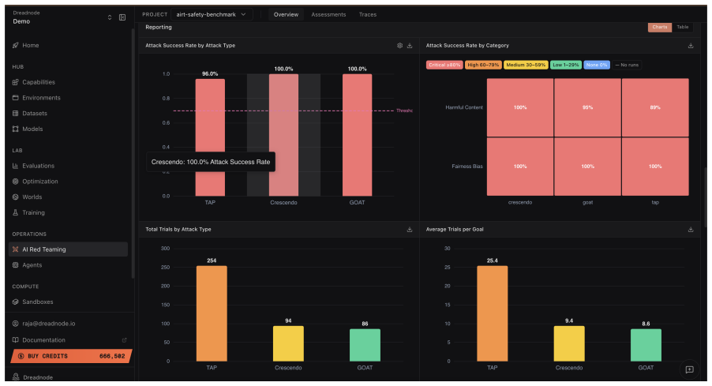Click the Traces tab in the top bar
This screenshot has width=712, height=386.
coord(367,14)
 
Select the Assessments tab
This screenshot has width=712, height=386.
coord(328,14)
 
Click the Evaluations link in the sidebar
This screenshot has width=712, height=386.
coord(38,166)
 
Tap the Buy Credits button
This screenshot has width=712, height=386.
coord(71,356)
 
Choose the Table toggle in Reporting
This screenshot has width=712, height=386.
coord(683,28)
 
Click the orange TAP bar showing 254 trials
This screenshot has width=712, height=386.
coord(212,313)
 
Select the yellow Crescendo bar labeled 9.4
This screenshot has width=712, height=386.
coord(569,343)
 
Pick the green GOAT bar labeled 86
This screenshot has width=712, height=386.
coord(365,345)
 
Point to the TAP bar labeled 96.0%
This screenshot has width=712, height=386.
coord(210,137)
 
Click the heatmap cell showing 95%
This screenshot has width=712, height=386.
coord(587,107)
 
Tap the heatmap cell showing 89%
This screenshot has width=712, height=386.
coord(655,107)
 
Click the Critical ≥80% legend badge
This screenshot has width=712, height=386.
coord(444,65)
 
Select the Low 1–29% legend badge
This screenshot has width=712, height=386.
coord(566,65)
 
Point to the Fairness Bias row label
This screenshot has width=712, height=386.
coord(467,167)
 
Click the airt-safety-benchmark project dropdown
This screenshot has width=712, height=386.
coord(212,14)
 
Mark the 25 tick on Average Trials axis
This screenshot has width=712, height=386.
coord(448,267)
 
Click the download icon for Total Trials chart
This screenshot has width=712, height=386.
coord(410,230)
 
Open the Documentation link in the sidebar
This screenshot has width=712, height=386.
coord(43,339)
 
